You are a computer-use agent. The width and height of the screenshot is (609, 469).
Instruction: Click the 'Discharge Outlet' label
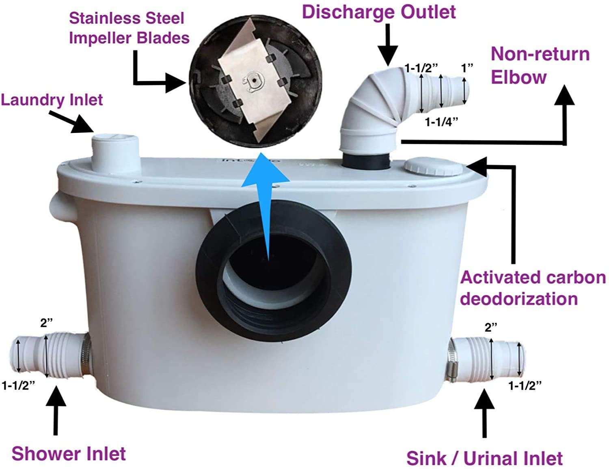tap(378, 12)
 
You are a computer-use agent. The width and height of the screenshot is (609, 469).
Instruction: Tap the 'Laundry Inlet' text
tap(52, 100)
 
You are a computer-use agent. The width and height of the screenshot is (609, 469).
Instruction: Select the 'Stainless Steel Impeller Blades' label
tap(129, 28)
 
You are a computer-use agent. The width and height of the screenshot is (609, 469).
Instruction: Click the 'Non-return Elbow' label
tap(540, 65)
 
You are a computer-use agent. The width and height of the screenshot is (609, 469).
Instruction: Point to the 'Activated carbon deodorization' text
tap(532, 288)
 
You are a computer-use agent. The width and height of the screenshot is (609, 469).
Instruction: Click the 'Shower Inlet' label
tap(69, 453)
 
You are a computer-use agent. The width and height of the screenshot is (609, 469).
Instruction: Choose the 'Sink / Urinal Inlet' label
tap(484, 458)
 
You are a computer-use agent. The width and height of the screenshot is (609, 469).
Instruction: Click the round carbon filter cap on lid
tap(433, 167)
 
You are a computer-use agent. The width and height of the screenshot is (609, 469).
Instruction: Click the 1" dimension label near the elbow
tap(467, 68)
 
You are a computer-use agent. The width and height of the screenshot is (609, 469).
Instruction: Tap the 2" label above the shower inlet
tap(46, 323)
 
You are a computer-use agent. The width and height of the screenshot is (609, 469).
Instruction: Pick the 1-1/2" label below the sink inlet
tap(525, 385)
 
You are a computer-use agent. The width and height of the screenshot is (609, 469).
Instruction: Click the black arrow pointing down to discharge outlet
tap(389, 45)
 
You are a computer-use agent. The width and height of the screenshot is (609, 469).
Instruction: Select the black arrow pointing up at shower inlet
tap(56, 409)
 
